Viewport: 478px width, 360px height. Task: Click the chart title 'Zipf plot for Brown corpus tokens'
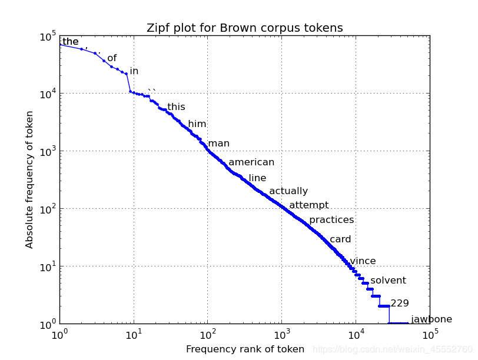tap(244, 28)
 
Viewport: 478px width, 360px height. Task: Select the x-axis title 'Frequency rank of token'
tap(245, 349)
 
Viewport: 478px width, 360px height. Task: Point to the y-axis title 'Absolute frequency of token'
tap(29, 180)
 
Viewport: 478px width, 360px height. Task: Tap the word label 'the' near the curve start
tap(70, 42)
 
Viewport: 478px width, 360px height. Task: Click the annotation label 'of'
tap(112, 58)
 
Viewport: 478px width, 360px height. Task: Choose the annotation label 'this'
tap(176, 107)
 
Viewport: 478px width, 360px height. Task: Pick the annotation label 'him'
tap(197, 124)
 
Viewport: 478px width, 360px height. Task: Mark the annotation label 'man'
tap(218, 144)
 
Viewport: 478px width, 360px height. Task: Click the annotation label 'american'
tap(251, 162)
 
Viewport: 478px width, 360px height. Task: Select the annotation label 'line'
tap(257, 178)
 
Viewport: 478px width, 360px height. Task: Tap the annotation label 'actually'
tap(288, 191)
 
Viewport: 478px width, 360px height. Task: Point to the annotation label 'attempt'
tap(308, 205)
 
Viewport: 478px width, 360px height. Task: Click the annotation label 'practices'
tap(331, 220)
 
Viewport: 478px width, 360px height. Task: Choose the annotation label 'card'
tap(340, 239)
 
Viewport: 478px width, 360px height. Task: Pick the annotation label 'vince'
tap(363, 261)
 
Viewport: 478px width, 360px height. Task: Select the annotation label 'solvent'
tap(388, 281)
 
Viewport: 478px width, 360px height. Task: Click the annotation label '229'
tap(400, 304)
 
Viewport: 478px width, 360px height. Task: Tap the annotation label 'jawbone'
tap(431, 319)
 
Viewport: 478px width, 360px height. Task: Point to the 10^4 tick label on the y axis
tap(47, 94)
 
